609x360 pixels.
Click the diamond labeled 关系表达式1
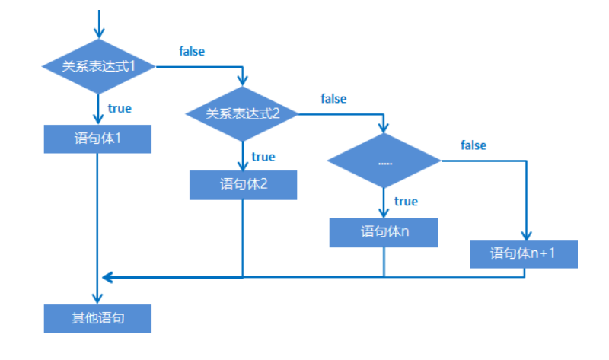click(x=99, y=66)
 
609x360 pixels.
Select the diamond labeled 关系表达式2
click(x=243, y=114)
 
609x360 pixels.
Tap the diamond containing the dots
click(x=384, y=161)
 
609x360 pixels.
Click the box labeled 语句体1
click(x=98, y=139)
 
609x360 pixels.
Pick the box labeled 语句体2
click(x=243, y=184)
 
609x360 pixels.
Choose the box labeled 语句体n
click(x=384, y=232)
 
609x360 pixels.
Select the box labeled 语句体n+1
click(x=524, y=253)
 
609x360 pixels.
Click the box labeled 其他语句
click(x=98, y=318)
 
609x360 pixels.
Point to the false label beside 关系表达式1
click(x=192, y=52)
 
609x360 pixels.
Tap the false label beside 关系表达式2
click(x=333, y=99)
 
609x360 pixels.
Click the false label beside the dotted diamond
click(x=473, y=145)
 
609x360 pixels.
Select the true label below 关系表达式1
click(x=120, y=108)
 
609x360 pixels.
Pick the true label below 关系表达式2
click(x=263, y=157)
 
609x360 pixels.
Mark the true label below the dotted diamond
click(x=406, y=202)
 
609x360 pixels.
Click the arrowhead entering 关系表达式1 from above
click(x=99, y=33)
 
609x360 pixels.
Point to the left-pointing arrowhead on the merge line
click(x=107, y=277)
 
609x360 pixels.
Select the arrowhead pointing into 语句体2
click(x=243, y=164)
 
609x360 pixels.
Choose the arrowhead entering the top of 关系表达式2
click(x=243, y=81)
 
